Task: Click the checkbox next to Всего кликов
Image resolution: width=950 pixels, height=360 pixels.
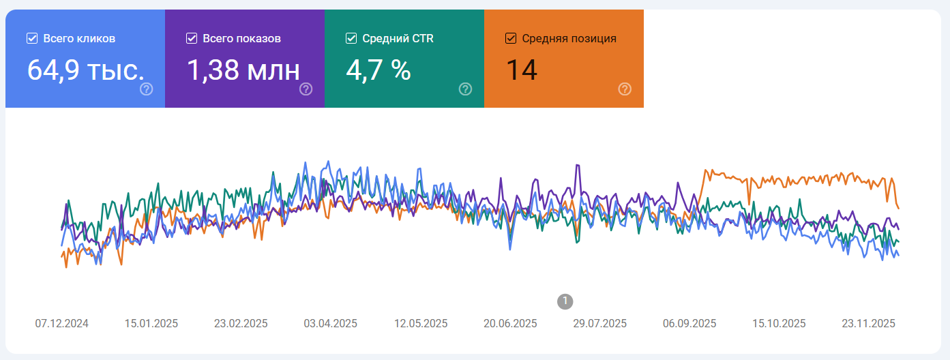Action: [x=32, y=38]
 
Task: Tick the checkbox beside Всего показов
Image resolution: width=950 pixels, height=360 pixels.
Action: [x=192, y=38]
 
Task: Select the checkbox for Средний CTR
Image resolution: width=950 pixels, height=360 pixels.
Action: [x=351, y=38]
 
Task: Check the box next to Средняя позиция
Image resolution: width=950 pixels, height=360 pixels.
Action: [x=511, y=38]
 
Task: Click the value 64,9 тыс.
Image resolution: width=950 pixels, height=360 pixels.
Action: [x=86, y=70]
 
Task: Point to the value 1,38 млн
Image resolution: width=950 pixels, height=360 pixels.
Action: [x=243, y=70]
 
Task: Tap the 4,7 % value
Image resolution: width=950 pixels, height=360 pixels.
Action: [x=378, y=70]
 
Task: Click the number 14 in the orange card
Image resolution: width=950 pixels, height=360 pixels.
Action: [x=522, y=70]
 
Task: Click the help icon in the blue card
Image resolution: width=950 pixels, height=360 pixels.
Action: [x=146, y=89]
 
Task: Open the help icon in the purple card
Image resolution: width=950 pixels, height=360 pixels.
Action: [x=306, y=89]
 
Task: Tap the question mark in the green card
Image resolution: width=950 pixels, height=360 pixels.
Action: [x=465, y=89]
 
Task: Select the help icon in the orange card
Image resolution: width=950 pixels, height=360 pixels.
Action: [x=625, y=89]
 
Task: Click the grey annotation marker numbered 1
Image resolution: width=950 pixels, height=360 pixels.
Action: [x=565, y=301]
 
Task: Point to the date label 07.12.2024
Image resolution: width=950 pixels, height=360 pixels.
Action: [x=62, y=323]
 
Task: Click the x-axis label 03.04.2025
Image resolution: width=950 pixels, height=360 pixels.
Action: [x=331, y=323]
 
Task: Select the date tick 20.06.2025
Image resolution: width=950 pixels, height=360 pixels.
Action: [x=510, y=323]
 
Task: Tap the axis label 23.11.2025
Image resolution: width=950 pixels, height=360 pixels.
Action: [x=869, y=323]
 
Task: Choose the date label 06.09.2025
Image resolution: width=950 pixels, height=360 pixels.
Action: [x=689, y=323]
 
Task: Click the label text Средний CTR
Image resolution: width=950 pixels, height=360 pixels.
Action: [x=398, y=38]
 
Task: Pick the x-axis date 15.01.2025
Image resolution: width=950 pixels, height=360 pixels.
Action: [x=151, y=323]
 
